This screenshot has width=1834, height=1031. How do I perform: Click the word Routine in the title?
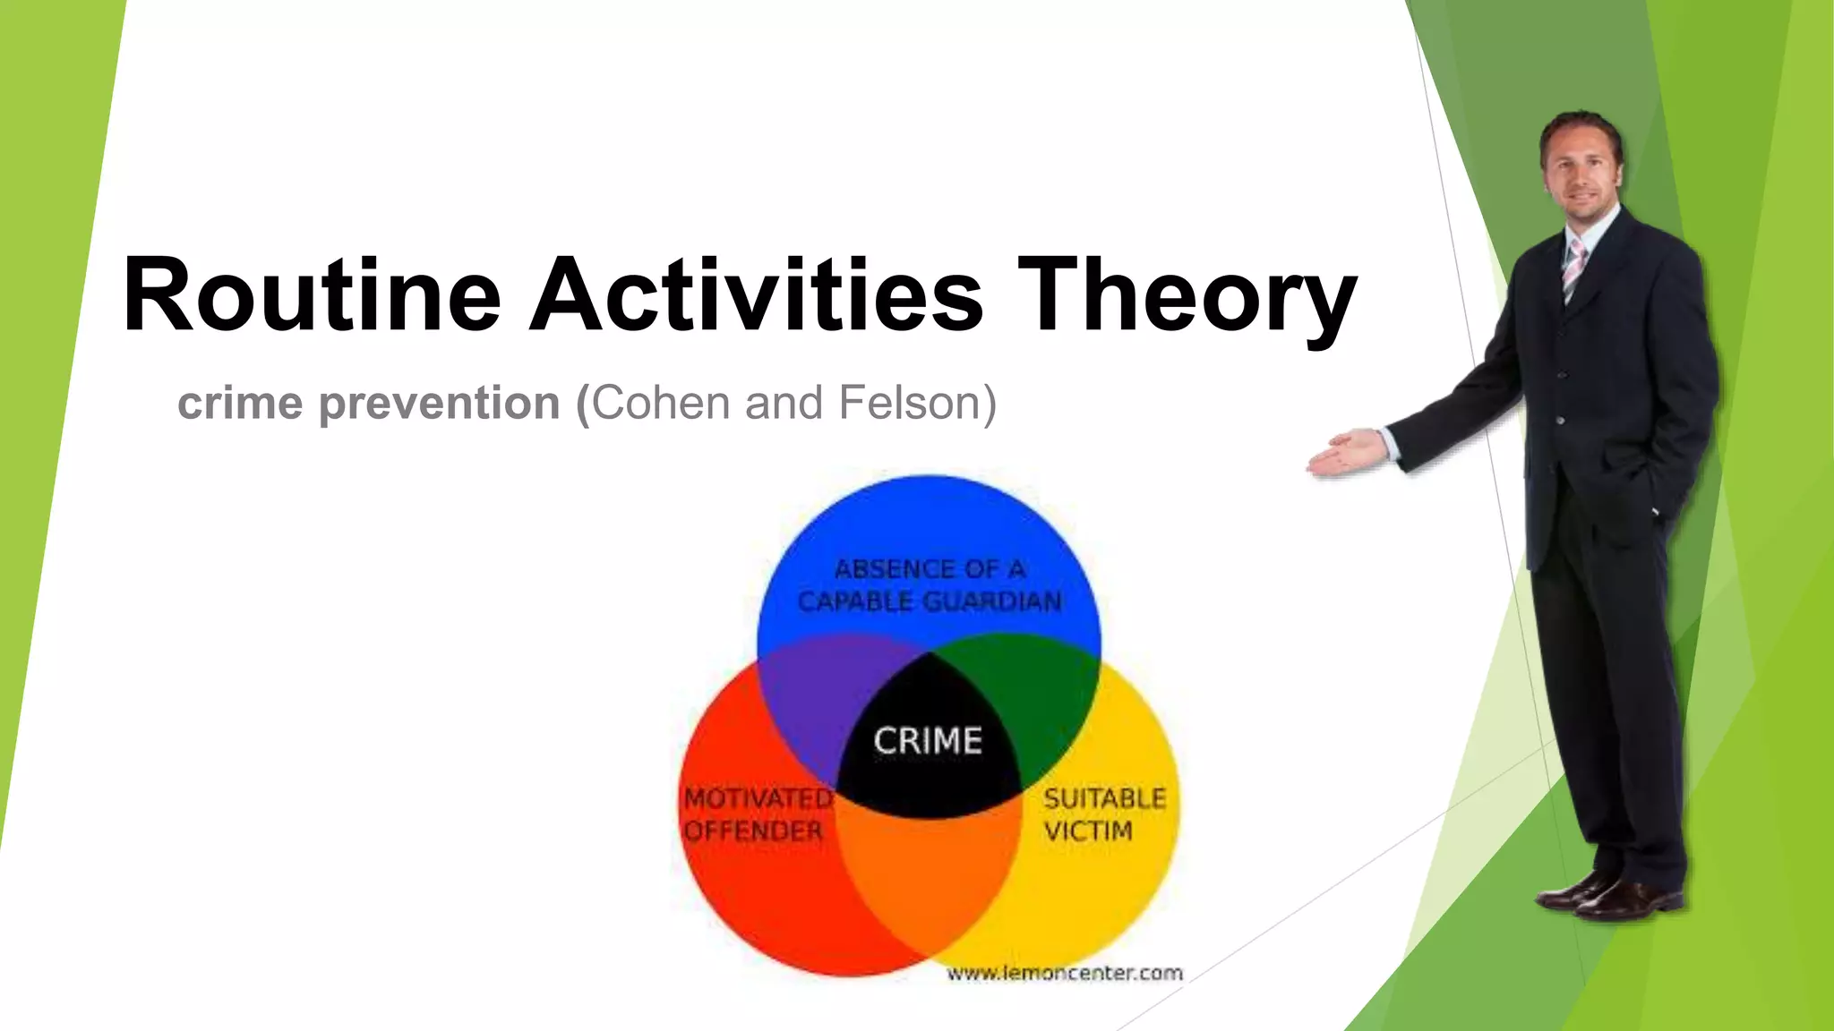tap(312, 295)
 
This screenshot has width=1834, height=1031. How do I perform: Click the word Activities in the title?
tap(757, 295)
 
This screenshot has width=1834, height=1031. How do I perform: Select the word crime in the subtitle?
tap(240, 404)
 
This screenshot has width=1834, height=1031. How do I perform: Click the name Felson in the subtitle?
tap(909, 403)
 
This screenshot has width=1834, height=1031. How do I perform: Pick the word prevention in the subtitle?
tap(439, 405)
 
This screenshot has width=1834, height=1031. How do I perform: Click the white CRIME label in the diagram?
tap(928, 741)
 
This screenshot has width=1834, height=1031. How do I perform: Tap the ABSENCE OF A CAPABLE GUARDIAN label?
tap(930, 585)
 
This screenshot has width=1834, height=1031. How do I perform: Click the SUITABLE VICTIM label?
tap(1103, 814)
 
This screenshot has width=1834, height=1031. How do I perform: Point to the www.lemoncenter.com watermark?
tap(1065, 973)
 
